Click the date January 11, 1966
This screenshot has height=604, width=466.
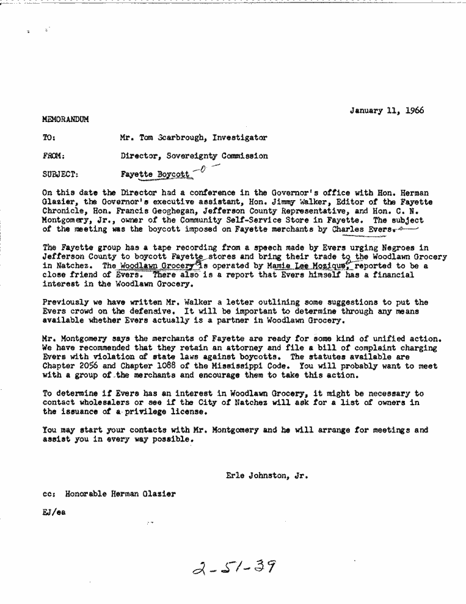point(387,110)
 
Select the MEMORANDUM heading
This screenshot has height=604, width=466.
point(66,120)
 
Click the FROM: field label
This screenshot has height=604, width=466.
point(54,156)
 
